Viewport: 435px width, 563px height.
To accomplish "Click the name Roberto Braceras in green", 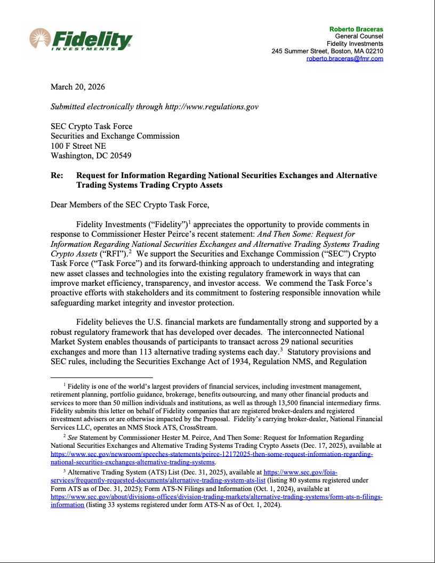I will [x=356, y=29].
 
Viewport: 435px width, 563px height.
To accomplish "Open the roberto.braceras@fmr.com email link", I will [x=344, y=59].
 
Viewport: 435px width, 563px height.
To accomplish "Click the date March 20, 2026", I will [x=77, y=87].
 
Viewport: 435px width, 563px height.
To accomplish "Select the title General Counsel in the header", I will [x=359, y=36].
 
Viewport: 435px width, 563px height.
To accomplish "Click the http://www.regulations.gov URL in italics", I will [x=212, y=107].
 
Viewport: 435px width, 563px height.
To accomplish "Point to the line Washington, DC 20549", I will [x=91, y=156].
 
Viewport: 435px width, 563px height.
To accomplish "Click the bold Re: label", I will [x=57, y=175].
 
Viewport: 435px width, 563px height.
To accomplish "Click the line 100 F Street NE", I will [x=78, y=146].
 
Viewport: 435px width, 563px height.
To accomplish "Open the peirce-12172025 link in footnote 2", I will [x=212, y=454].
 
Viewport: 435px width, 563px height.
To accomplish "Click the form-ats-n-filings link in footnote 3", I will [x=216, y=496].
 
